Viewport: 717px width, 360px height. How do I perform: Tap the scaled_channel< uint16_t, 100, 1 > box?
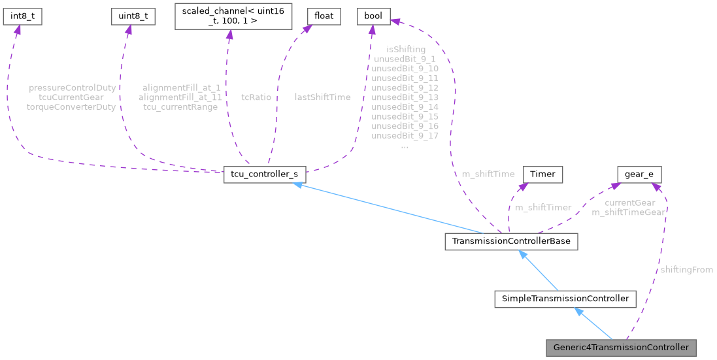(232, 16)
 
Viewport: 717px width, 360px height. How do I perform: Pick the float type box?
(324, 17)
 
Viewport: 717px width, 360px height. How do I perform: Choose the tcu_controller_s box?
(265, 175)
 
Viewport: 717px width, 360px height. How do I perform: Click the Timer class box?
(542, 175)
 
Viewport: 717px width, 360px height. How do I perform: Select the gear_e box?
(639, 175)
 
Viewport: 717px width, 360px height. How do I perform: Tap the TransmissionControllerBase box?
(510, 241)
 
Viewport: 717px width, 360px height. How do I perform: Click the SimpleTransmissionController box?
(565, 299)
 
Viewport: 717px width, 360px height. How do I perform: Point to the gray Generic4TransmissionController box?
(621, 347)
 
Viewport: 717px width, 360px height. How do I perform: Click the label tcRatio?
(256, 97)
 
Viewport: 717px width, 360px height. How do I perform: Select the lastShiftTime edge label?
(322, 97)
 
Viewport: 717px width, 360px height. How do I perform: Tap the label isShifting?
(405, 49)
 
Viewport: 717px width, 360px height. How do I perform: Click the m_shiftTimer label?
(543, 207)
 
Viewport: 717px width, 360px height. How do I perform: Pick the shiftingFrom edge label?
(686, 270)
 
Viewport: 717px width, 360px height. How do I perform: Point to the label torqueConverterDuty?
(71, 106)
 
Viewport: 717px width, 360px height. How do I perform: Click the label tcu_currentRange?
(180, 106)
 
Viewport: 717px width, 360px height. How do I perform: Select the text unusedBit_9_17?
(405, 135)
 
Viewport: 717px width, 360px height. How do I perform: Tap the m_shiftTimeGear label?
(628, 212)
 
